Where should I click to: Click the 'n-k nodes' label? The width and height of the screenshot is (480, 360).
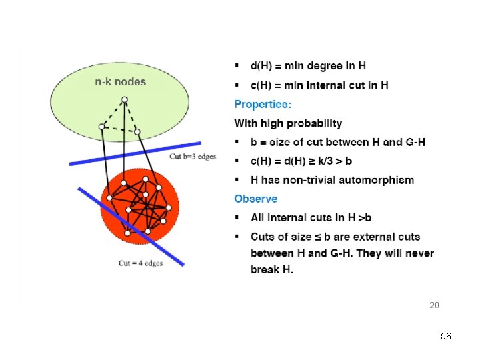click(x=119, y=82)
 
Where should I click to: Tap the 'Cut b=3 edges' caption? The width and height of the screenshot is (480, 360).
click(x=192, y=157)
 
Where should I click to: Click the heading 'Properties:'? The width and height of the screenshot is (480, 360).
click(x=262, y=104)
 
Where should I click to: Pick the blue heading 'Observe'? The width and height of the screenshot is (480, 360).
click(x=256, y=199)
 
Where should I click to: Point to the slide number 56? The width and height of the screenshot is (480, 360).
click(x=446, y=337)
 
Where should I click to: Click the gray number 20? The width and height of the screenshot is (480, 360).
click(x=434, y=305)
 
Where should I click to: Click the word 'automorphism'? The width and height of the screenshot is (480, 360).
click(x=380, y=180)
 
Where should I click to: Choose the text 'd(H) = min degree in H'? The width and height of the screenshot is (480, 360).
click(x=308, y=66)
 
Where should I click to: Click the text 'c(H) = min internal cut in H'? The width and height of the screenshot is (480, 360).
click(x=319, y=85)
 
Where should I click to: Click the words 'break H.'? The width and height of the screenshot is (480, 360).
click(x=271, y=269)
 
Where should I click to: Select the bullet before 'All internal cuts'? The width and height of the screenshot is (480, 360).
click(x=237, y=218)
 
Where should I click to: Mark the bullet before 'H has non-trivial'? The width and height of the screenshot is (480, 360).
click(x=237, y=180)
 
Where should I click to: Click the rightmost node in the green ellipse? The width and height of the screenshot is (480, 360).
click(x=137, y=132)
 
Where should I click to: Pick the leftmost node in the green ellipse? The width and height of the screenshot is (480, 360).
click(x=101, y=126)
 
